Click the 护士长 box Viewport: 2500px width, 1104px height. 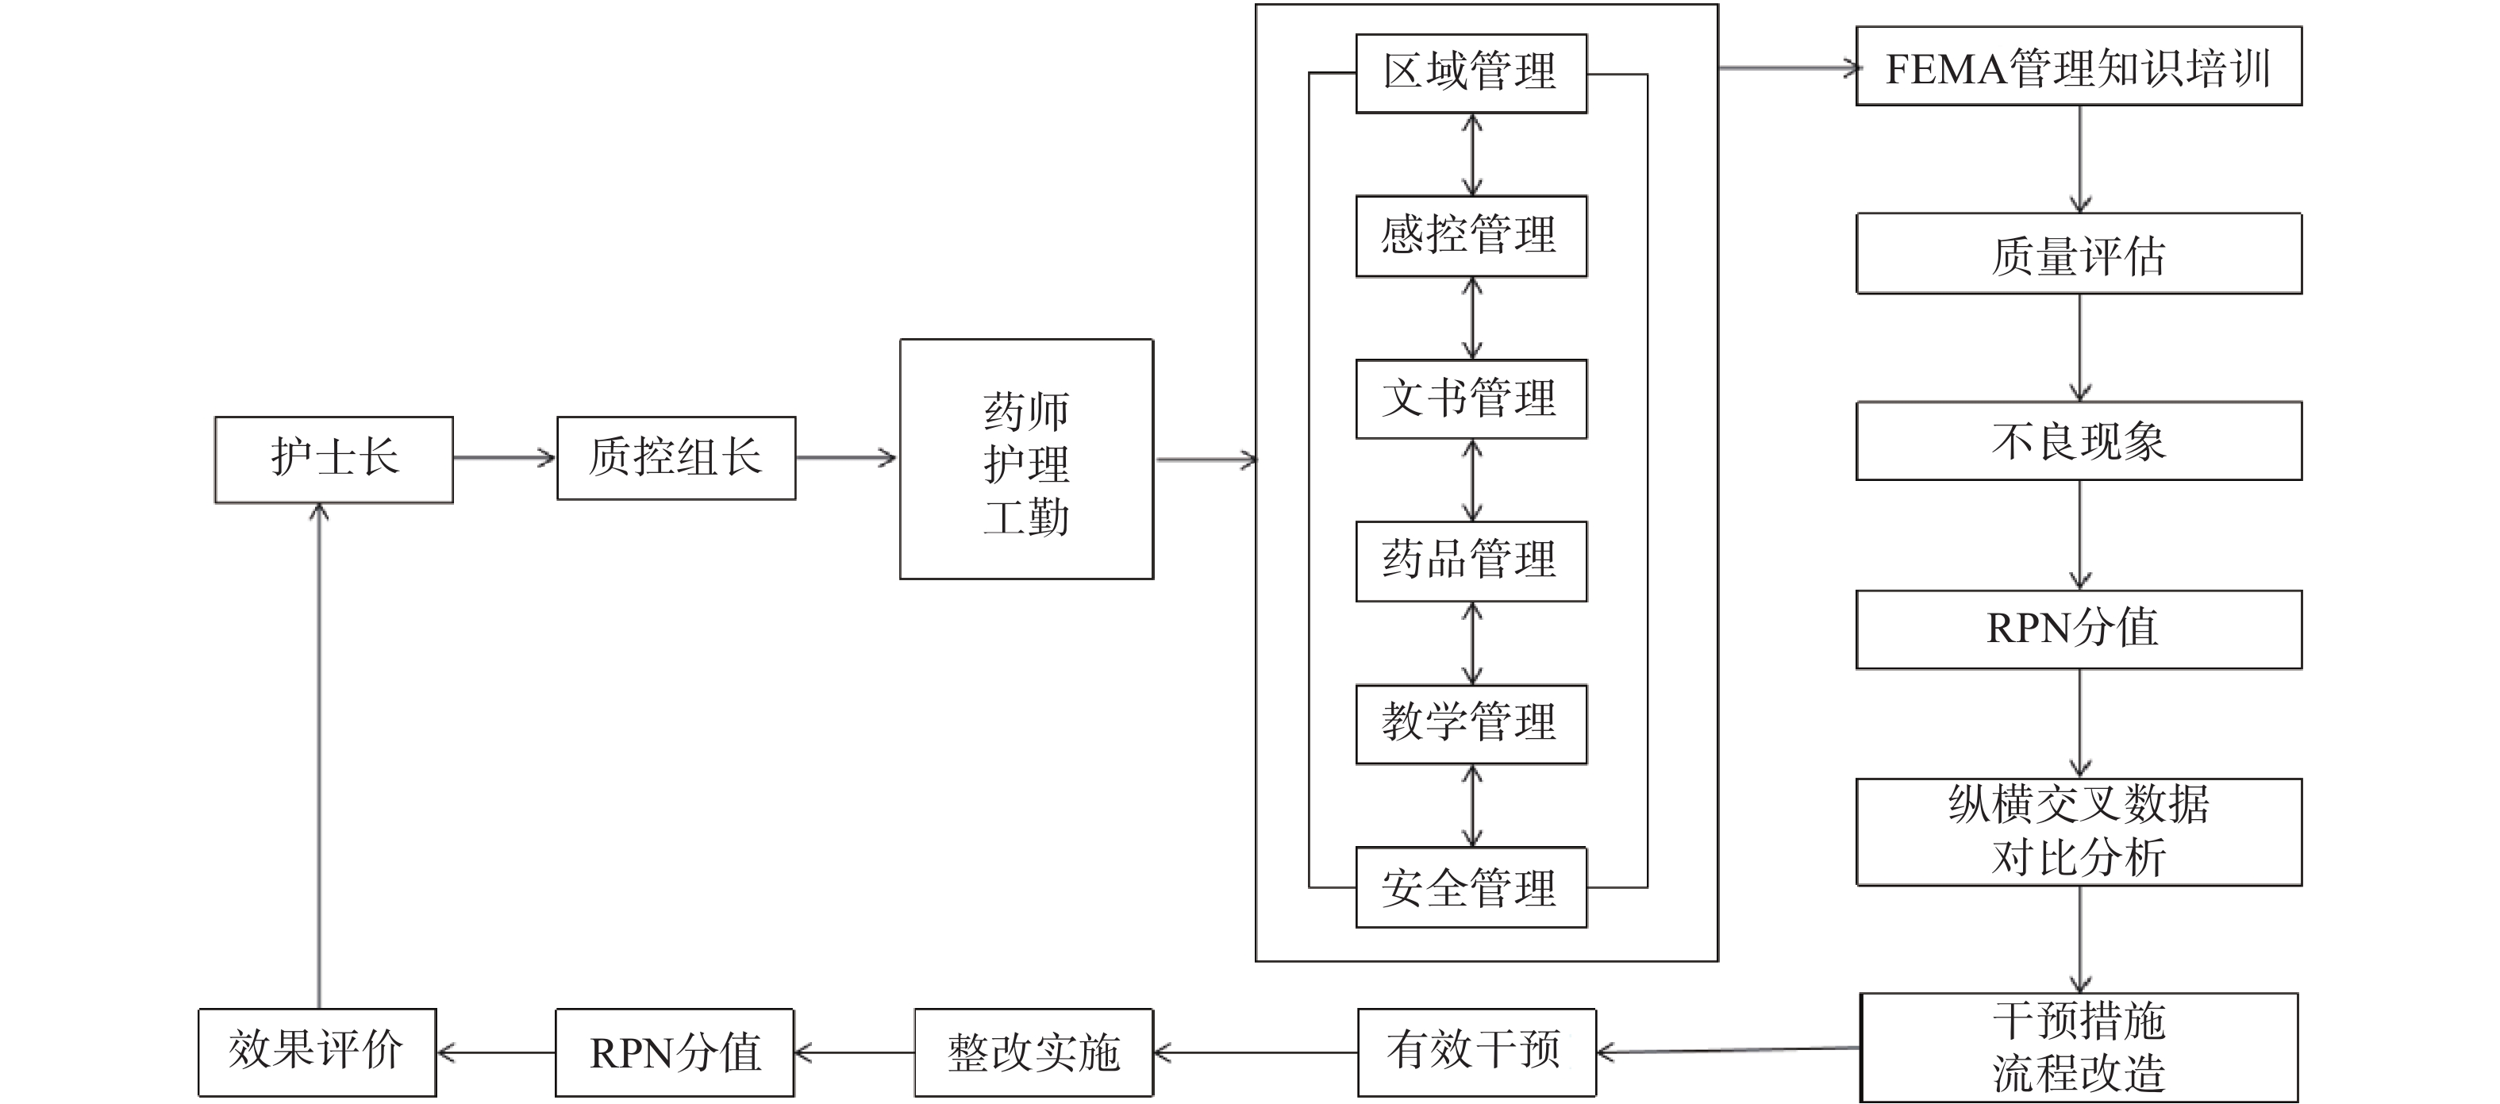(x=334, y=459)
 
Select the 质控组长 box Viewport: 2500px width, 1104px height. (x=675, y=458)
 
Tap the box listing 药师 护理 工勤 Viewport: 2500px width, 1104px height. (x=1026, y=459)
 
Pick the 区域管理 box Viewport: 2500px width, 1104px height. (x=1471, y=74)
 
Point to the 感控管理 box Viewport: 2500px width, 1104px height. (x=1471, y=236)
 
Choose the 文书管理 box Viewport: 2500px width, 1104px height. (x=1471, y=398)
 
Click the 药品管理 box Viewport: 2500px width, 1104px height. (x=1471, y=561)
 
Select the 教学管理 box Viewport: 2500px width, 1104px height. (x=1471, y=724)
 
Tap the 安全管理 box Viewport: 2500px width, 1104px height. (x=1471, y=887)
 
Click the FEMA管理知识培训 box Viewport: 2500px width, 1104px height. (x=2078, y=66)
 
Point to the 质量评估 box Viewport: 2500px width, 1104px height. (x=2078, y=253)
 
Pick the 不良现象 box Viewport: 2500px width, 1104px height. (x=2078, y=440)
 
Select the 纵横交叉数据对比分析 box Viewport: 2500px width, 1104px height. (x=2078, y=832)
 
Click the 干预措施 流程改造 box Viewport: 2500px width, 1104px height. (x=2078, y=1048)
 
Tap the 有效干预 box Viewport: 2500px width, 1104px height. (x=1476, y=1052)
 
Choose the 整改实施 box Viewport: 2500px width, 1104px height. (x=1033, y=1052)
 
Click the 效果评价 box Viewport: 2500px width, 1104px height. (x=317, y=1052)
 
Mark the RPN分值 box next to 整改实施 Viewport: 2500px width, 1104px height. (x=675, y=1052)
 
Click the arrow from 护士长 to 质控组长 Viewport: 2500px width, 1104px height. (x=504, y=458)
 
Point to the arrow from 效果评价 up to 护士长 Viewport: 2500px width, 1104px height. (x=319, y=756)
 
